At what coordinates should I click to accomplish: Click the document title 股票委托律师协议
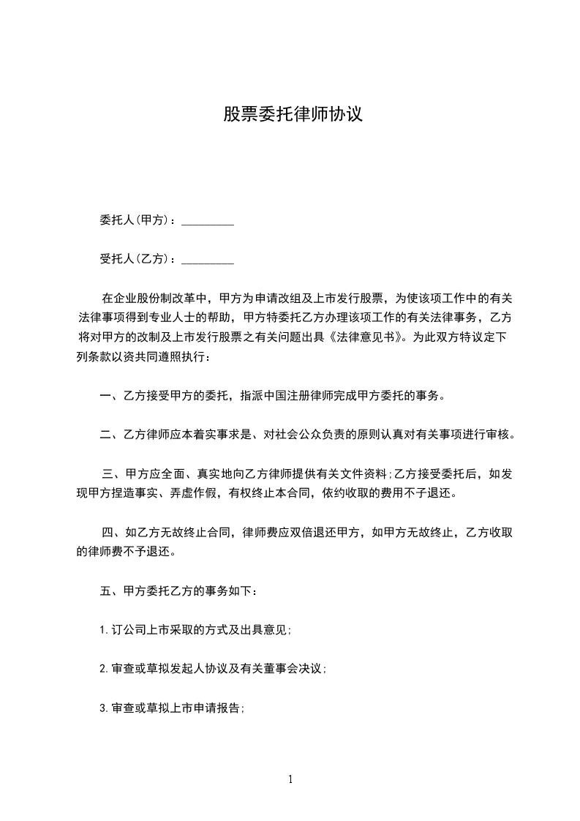coord(293,115)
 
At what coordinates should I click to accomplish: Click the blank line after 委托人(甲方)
coord(207,220)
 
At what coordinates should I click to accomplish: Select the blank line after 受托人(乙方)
coord(207,259)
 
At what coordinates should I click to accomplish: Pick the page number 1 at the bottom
coord(290,780)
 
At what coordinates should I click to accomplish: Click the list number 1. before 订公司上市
coord(104,630)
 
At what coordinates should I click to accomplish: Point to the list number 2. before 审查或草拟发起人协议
coord(104,669)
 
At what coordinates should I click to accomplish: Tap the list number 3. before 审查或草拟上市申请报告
coord(104,708)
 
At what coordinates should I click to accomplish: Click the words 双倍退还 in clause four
coord(312,533)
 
